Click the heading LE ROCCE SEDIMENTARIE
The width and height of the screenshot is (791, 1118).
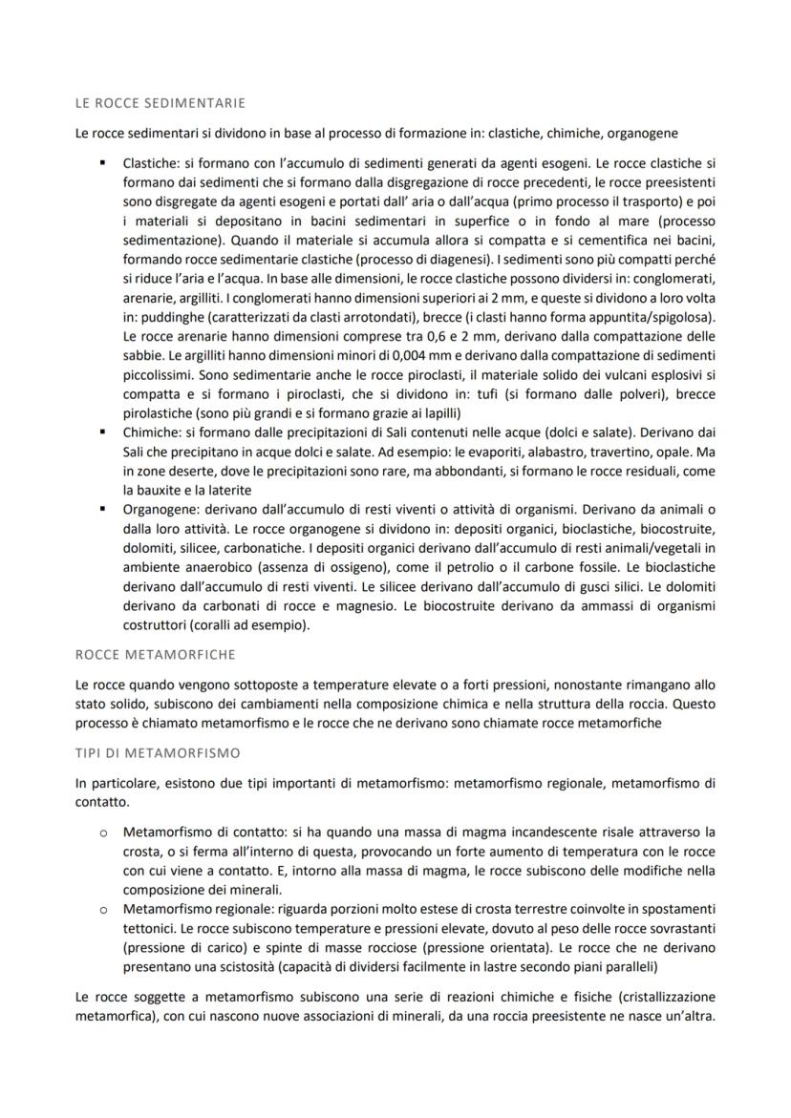[160, 102]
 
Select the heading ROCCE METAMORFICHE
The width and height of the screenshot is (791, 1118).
[153, 655]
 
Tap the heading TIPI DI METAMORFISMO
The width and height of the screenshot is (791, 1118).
[158, 753]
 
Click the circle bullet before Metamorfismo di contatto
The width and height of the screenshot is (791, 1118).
[102, 833]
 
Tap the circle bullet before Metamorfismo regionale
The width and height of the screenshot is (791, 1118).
[102, 909]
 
